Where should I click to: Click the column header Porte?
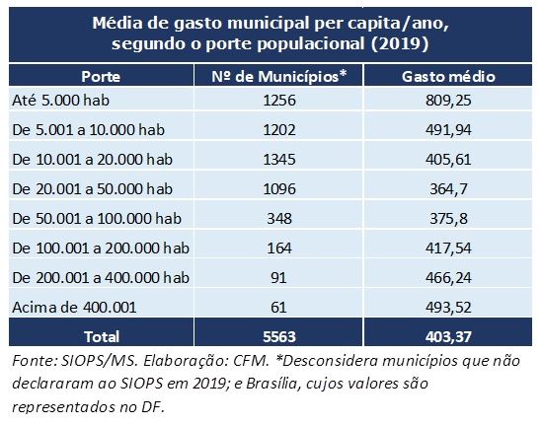coord(101,77)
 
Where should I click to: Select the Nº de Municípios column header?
coord(279,77)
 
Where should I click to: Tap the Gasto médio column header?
coord(448,77)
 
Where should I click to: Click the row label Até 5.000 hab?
coord(61,101)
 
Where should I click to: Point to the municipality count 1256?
coord(279,101)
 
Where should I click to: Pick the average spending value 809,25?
coord(448,101)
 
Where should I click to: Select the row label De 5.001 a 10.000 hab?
coord(89,130)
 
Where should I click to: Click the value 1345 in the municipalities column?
coord(279,160)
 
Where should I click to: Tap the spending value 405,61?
coord(448,160)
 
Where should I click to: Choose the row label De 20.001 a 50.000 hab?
coord(92,189)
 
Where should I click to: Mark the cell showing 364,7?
coord(448,189)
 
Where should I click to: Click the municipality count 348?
coord(279,219)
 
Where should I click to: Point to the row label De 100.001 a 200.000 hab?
coord(101,248)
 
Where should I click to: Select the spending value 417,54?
coord(448,248)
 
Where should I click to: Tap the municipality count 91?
coord(279,278)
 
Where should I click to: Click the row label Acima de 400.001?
coord(74,308)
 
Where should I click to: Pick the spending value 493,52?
coord(448,308)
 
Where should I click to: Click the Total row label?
coord(102,337)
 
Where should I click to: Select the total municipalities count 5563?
coord(279,337)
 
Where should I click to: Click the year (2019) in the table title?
coord(400,43)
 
